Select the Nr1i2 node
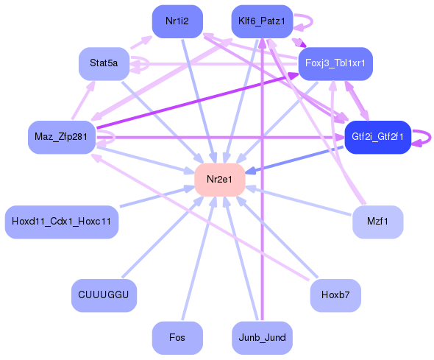177,21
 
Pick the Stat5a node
104,64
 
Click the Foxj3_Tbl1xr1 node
335,64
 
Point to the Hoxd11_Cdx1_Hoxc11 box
62,222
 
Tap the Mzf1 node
377,222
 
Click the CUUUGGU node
104,295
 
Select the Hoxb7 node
335,295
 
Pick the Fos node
177,338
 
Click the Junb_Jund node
262,338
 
